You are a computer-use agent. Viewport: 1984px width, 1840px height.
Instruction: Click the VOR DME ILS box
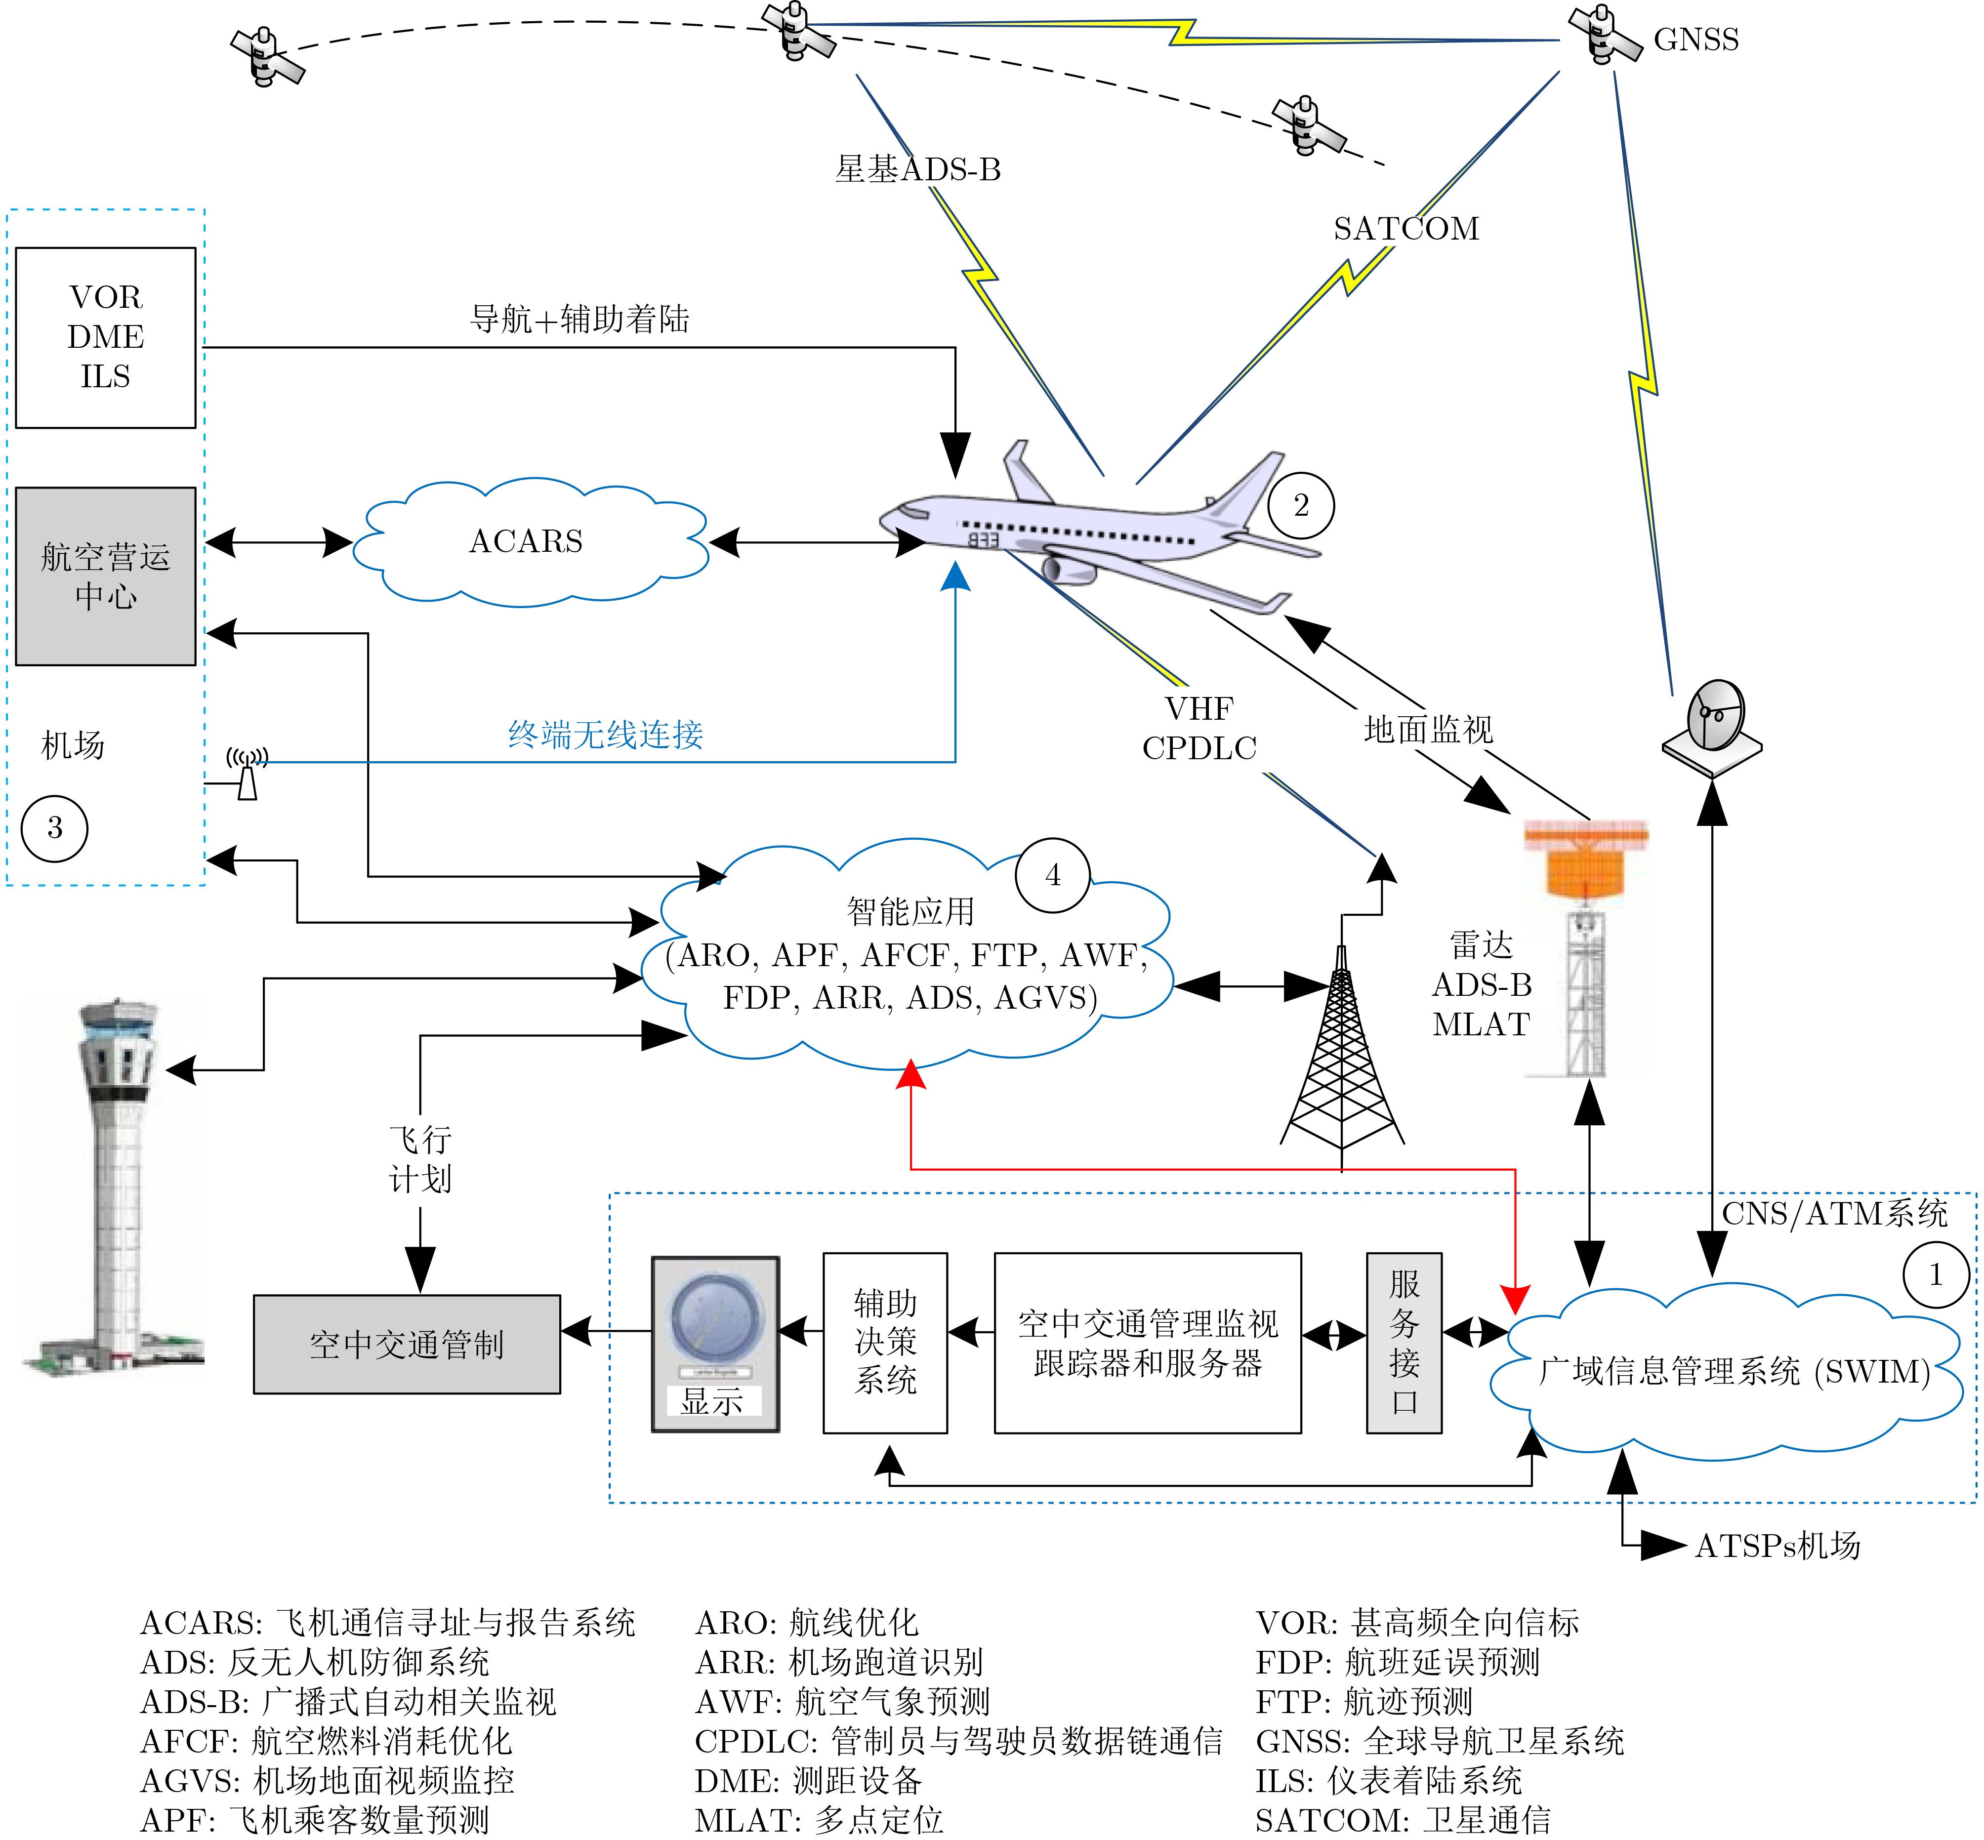click(x=106, y=337)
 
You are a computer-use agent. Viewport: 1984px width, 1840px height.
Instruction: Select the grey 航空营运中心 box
click(x=106, y=575)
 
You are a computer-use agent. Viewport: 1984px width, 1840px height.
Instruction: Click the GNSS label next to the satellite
click(x=1696, y=40)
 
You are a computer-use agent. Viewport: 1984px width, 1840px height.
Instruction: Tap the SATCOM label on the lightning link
click(x=1406, y=229)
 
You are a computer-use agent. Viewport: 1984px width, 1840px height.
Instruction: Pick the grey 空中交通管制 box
click(x=407, y=1344)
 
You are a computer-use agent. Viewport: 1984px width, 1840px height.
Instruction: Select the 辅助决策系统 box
click(x=884, y=1342)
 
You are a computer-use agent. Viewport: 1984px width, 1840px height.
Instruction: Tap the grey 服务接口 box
click(x=1404, y=1342)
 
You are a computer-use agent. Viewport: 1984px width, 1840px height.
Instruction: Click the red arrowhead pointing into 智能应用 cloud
click(x=911, y=1075)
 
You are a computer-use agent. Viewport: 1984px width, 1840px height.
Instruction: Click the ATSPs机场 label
click(x=1778, y=1545)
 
